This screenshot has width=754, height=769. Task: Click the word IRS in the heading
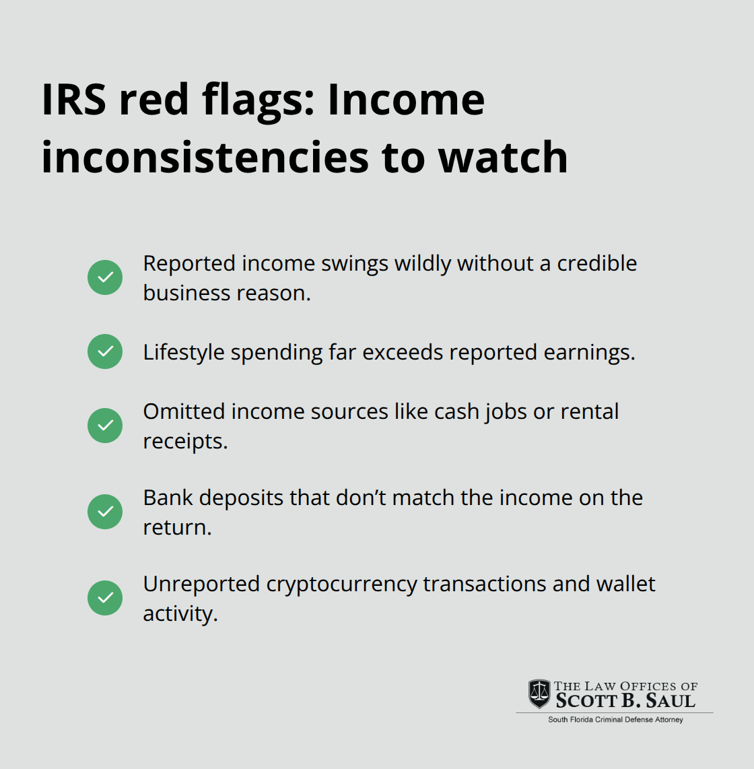click(73, 100)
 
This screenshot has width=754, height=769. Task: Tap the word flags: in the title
click(259, 100)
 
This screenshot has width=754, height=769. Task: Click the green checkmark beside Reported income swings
click(105, 277)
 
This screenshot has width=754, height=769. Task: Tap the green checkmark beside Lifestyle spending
click(105, 352)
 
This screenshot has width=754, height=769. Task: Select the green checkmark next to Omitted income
click(105, 426)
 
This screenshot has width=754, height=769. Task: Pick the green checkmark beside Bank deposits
click(105, 512)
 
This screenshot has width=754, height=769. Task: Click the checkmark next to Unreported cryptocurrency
click(105, 598)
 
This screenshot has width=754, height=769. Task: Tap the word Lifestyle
click(184, 352)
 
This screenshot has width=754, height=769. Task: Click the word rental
click(589, 411)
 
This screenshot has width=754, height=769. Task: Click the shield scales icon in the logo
click(539, 694)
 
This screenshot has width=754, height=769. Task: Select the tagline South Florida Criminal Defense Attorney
click(615, 720)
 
